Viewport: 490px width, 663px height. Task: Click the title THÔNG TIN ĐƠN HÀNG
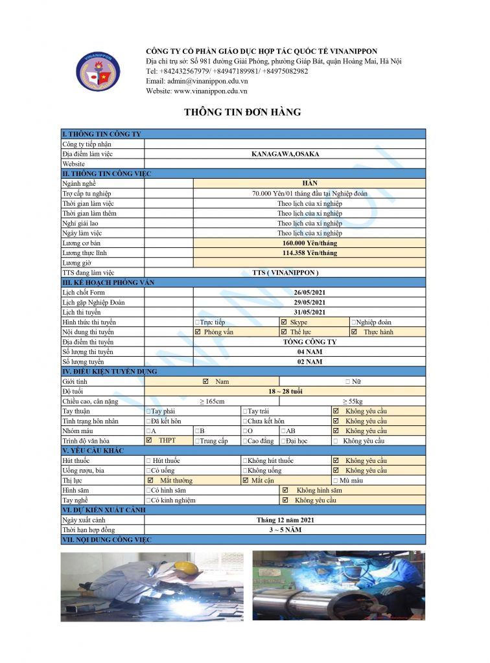tap(242, 112)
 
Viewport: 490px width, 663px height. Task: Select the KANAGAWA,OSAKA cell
tap(285, 154)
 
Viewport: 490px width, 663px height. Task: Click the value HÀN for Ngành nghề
tap(309, 184)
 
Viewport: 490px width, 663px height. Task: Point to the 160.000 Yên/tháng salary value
tap(309, 243)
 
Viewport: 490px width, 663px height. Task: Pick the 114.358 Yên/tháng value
tap(309, 253)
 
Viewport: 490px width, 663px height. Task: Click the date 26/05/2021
tap(309, 293)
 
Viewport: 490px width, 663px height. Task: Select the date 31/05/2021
tap(309, 312)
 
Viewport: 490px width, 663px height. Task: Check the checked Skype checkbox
tap(284, 322)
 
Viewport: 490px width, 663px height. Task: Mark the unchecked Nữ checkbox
tap(348, 382)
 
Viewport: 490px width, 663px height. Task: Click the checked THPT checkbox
tap(150, 440)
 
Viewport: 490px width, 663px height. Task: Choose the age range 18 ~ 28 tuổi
tap(286, 392)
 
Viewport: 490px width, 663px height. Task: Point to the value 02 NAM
tap(309, 362)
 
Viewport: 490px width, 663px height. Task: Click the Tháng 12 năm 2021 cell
tap(285, 520)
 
